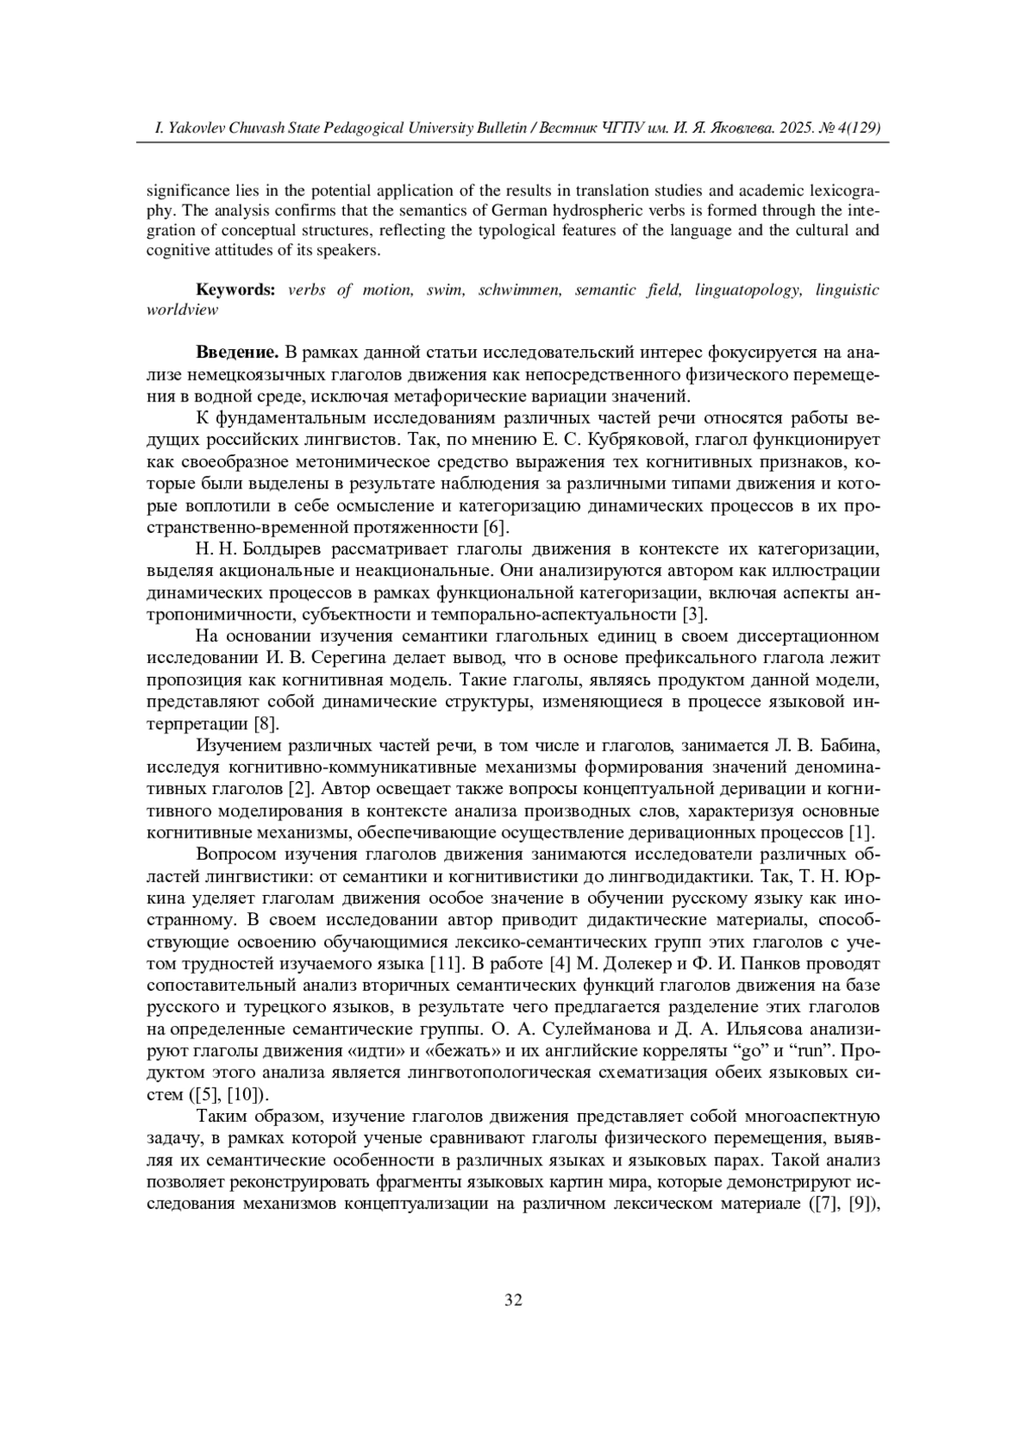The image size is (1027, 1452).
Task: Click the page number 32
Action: pos(513,1300)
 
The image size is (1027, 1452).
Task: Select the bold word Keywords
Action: pos(235,290)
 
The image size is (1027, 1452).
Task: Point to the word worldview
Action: pos(182,310)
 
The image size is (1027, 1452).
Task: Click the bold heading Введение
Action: pos(237,353)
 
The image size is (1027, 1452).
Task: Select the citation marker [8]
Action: pos(267,724)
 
